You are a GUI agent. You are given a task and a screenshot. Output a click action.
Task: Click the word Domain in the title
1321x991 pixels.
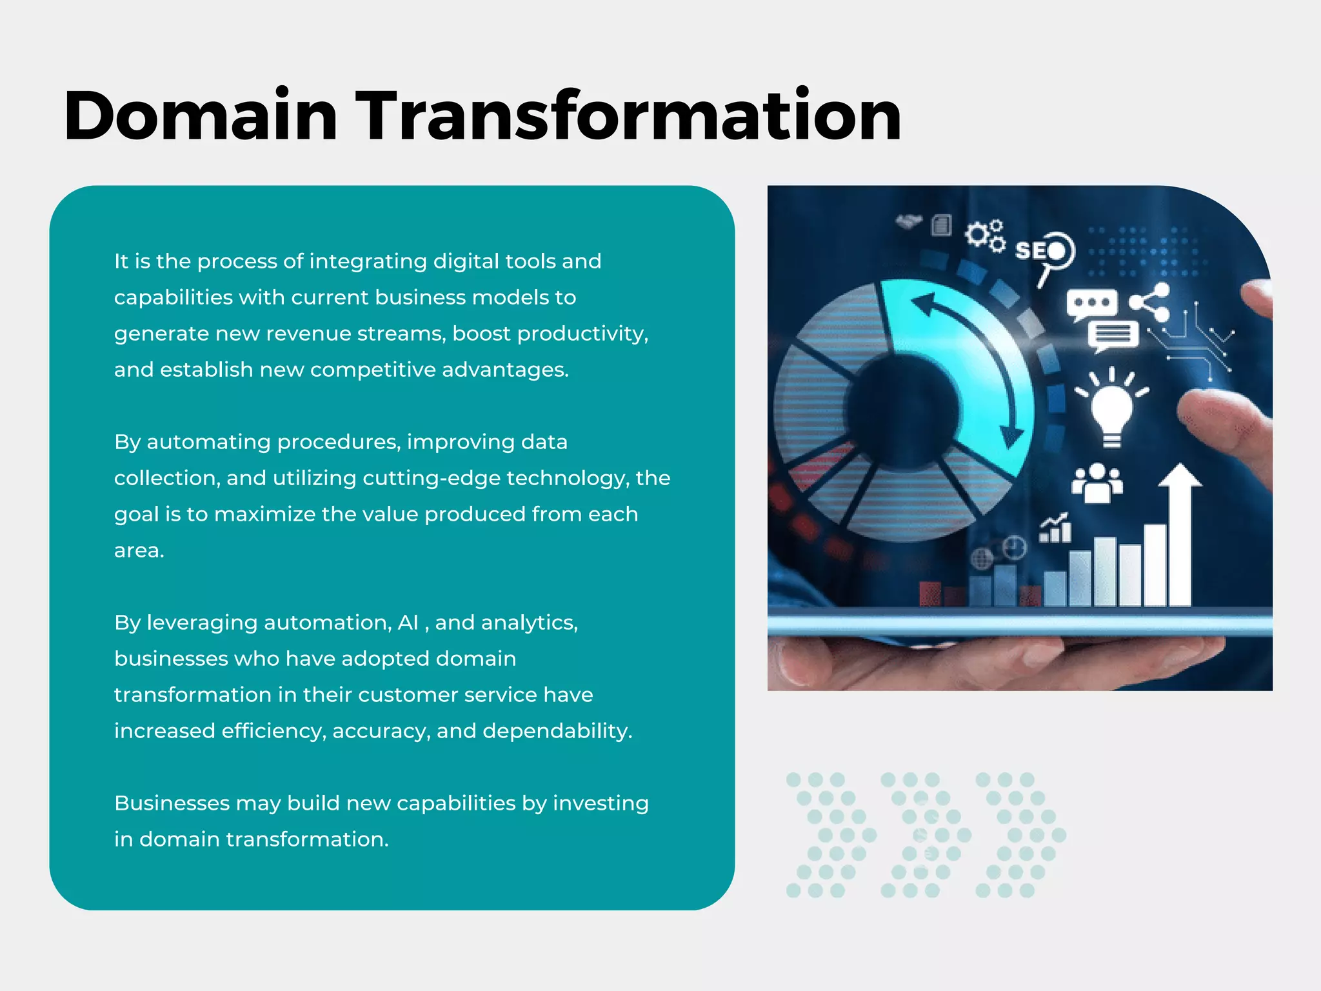pyautogui.click(x=201, y=116)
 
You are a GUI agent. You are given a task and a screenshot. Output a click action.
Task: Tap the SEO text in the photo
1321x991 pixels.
pyautogui.click(x=1040, y=250)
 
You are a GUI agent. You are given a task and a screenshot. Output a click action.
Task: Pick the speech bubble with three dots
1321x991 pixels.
pyautogui.click(x=1091, y=303)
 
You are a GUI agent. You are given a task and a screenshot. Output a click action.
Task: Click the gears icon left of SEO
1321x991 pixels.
pyautogui.click(x=984, y=235)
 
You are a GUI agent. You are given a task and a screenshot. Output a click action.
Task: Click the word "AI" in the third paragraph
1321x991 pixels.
pyautogui.click(x=408, y=623)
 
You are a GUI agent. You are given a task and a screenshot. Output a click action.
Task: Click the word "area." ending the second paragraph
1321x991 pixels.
pyautogui.click(x=139, y=550)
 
